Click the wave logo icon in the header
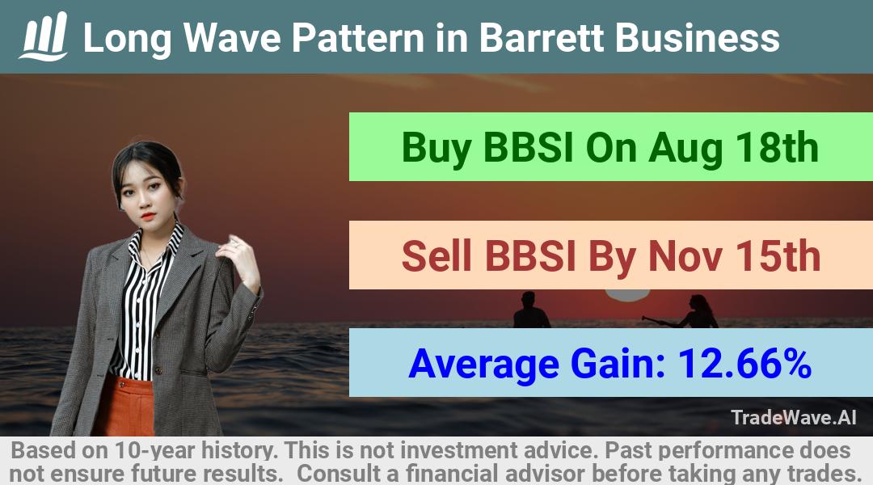tap(44, 36)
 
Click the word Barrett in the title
tap(541, 38)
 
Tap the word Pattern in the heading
tap(358, 38)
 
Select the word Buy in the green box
tap(436, 148)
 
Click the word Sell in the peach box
tap(436, 255)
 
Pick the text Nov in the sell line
tap(685, 256)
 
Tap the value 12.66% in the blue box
tap(744, 363)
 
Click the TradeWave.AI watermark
tap(794, 417)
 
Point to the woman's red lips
tap(148, 216)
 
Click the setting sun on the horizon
tap(627, 294)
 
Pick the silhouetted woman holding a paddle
tap(690, 312)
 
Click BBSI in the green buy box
tap(528, 148)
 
